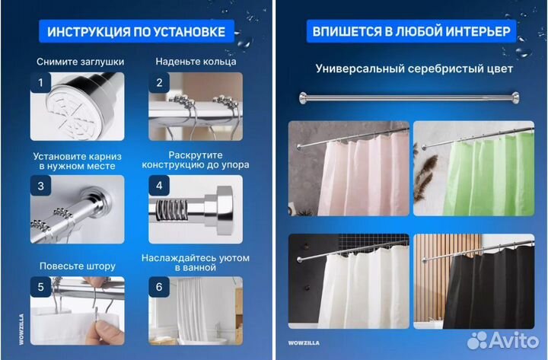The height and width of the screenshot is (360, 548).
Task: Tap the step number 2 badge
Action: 159,83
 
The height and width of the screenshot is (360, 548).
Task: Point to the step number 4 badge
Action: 159,186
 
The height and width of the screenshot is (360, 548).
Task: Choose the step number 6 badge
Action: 159,288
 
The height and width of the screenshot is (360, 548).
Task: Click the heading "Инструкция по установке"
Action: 136,32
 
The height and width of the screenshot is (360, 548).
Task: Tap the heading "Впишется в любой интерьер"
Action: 412,32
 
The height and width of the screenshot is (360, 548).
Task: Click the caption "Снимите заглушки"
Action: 80,61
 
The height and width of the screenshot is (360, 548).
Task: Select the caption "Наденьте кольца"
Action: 196,61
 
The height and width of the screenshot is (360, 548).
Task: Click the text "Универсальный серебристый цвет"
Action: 414,68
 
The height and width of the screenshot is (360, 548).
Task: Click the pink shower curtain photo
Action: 349,168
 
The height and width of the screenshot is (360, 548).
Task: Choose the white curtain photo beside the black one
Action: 349,282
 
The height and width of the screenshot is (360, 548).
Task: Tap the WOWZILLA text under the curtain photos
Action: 304,342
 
